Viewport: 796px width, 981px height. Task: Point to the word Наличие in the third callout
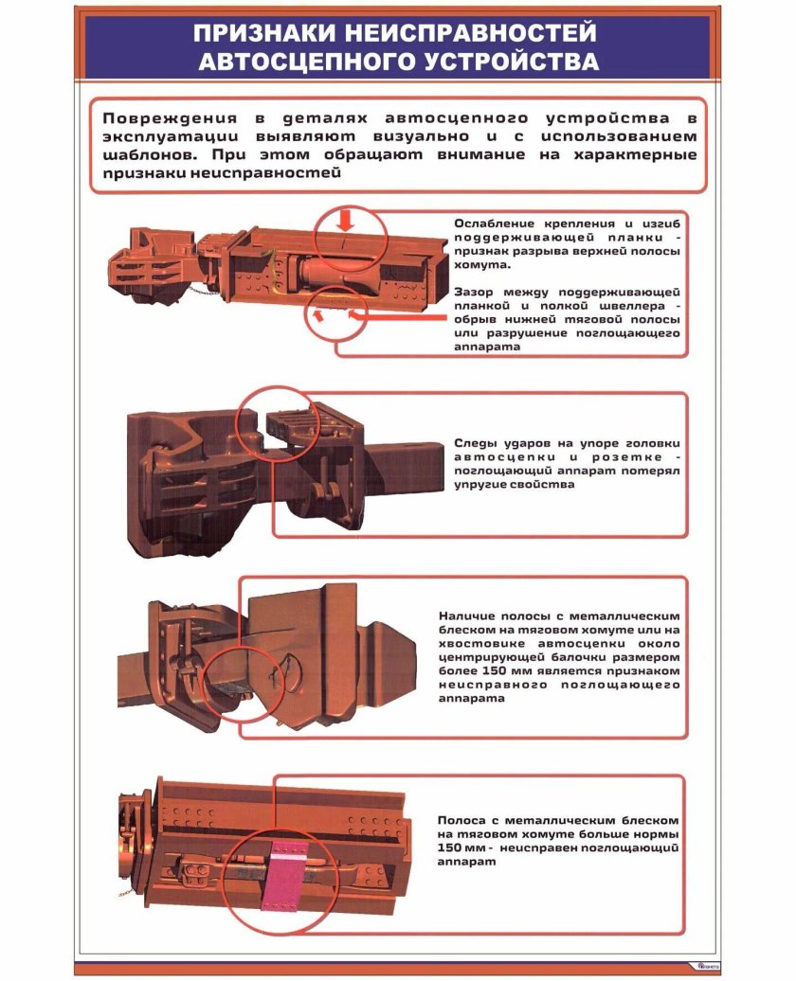tap(468, 615)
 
